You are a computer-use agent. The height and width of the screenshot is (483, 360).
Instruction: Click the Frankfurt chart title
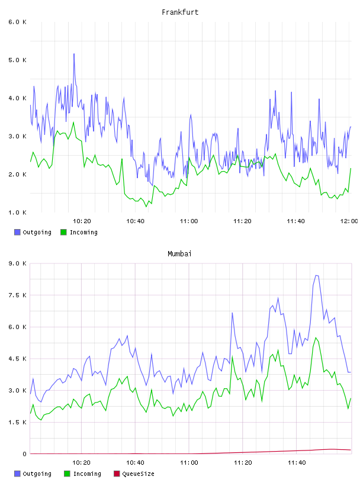[x=180, y=12]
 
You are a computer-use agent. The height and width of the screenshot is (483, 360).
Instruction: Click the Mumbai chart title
[x=179, y=254]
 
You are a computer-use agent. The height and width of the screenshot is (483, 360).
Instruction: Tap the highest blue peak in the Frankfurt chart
[x=74, y=54]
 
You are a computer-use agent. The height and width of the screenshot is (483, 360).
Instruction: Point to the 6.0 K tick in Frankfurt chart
[x=17, y=22]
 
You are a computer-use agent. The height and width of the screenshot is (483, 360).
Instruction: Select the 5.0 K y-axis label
[x=17, y=60]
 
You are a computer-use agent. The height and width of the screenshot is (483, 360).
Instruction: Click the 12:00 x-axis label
[x=349, y=221]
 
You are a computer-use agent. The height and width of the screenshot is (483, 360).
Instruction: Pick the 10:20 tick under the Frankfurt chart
[x=82, y=221]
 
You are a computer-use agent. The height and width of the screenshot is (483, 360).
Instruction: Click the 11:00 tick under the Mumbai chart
[x=189, y=463]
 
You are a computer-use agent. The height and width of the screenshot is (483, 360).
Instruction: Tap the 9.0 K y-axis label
[x=17, y=263]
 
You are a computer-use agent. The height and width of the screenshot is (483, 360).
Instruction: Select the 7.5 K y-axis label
[x=17, y=295]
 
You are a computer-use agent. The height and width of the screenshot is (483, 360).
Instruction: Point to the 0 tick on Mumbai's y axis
[x=24, y=454]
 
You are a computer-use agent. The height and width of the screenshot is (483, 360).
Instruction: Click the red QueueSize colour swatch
[x=117, y=474]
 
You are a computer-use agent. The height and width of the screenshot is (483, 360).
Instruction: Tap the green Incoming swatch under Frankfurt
[x=63, y=232]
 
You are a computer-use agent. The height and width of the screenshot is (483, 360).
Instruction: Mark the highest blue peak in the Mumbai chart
[x=316, y=276]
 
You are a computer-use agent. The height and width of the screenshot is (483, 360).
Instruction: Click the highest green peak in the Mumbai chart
[x=316, y=338]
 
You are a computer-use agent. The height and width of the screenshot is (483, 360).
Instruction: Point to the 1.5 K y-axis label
[x=17, y=422]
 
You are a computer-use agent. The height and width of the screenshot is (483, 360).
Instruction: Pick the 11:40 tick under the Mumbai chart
[x=297, y=463]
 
